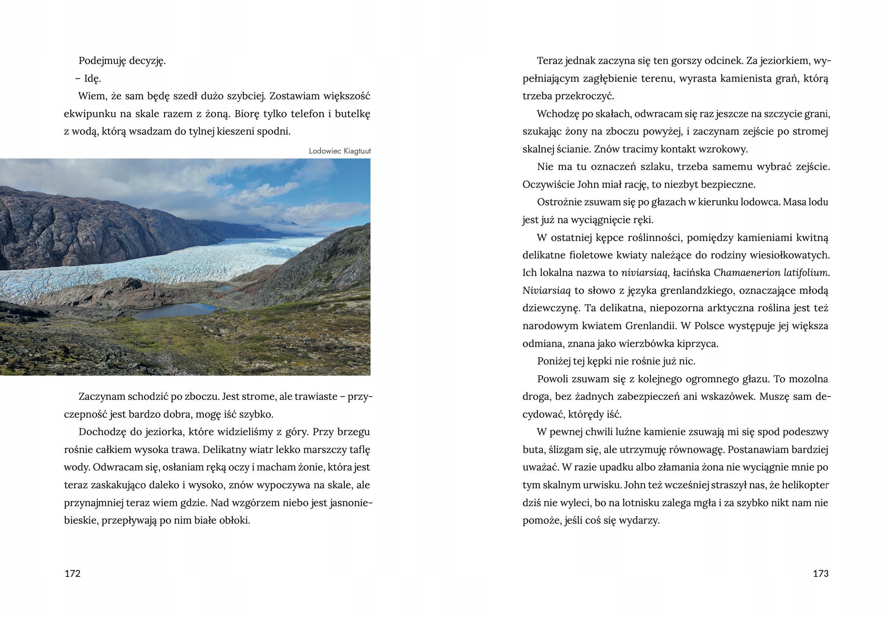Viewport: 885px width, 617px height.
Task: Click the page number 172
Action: click(73, 573)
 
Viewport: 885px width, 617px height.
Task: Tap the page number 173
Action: click(820, 573)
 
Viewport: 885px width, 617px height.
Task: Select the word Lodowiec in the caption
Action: click(325, 151)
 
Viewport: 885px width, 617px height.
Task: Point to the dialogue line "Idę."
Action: click(93, 78)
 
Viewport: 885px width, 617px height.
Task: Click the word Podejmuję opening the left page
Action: click(102, 61)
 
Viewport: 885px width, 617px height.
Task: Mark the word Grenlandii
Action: click(651, 326)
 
